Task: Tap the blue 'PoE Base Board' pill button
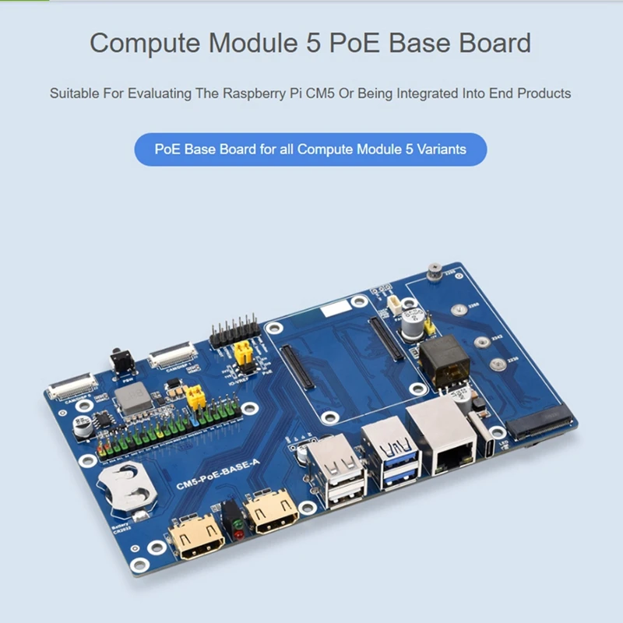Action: [310, 149]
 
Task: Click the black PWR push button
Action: [121, 362]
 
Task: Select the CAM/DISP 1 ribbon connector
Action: [172, 357]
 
